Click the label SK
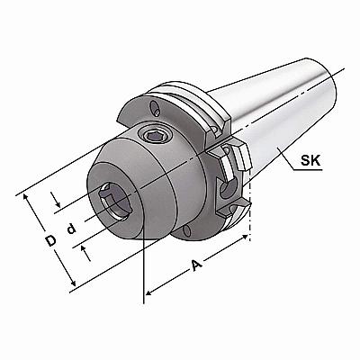pos(310,161)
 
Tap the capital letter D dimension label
pos(51,240)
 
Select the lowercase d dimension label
pos(71,229)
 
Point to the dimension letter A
pos(197,265)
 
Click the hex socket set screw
pos(155,137)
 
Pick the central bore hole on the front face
pos(115,202)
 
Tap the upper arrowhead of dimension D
pos(27,198)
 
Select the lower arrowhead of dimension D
pos(72,283)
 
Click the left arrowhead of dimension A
pos(149,292)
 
